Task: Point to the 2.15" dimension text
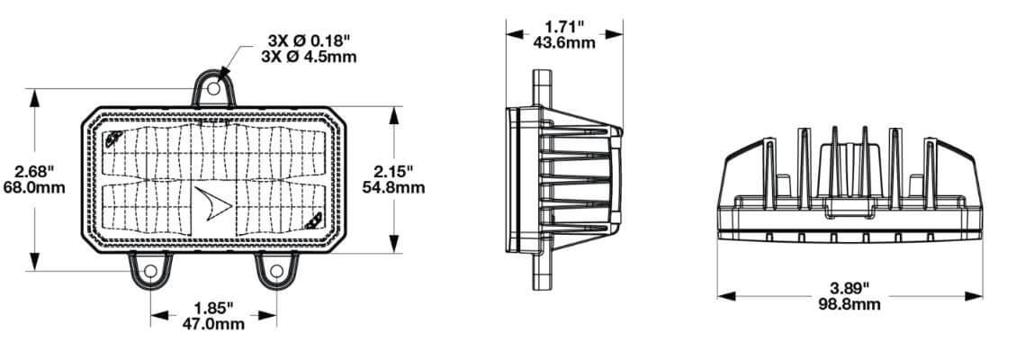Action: [393, 172]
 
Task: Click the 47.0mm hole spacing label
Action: [213, 323]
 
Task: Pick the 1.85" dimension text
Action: [213, 307]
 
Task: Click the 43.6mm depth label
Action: [564, 42]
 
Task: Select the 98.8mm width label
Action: [850, 303]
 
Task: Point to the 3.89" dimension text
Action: [850, 287]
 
